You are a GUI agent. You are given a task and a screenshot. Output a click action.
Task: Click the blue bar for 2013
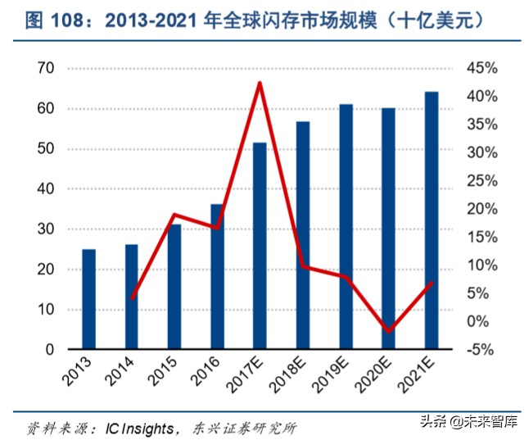88,299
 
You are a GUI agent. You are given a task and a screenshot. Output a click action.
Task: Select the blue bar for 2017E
260,246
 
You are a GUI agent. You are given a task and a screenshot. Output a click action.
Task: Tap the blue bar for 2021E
431,220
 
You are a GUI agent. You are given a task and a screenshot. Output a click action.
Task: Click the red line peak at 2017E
260,83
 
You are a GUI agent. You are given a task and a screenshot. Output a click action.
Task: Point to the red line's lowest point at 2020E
388,331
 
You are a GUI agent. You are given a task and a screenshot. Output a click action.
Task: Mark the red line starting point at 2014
132,297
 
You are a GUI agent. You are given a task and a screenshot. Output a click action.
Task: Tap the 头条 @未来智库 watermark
468,422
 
